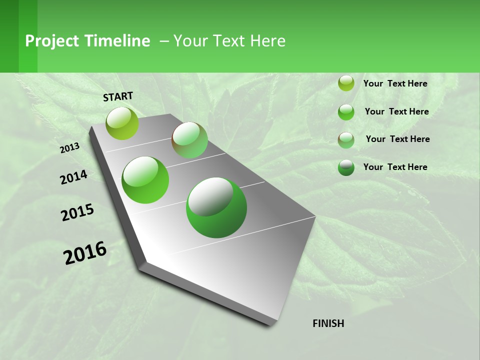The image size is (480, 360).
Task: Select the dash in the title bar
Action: click(x=164, y=41)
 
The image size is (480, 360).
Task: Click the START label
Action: click(x=118, y=96)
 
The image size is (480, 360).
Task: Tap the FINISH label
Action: click(x=328, y=323)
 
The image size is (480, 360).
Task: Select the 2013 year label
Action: click(x=69, y=148)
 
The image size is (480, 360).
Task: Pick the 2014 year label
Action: click(x=73, y=177)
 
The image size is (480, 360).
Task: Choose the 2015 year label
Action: click(x=77, y=212)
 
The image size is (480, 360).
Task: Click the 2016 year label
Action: click(x=85, y=253)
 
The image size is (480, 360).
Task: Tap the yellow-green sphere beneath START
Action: click(x=122, y=123)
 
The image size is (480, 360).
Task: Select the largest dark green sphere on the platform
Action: click(x=216, y=207)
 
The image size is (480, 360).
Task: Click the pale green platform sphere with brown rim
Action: click(x=189, y=140)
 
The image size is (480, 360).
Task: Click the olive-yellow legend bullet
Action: click(x=346, y=83)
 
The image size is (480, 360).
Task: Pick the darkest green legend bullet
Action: click(x=346, y=167)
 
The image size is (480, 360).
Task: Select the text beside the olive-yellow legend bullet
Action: click(x=395, y=83)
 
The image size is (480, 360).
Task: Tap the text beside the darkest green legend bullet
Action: click(x=395, y=167)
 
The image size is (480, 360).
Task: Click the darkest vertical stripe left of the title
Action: click(x=9, y=36)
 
